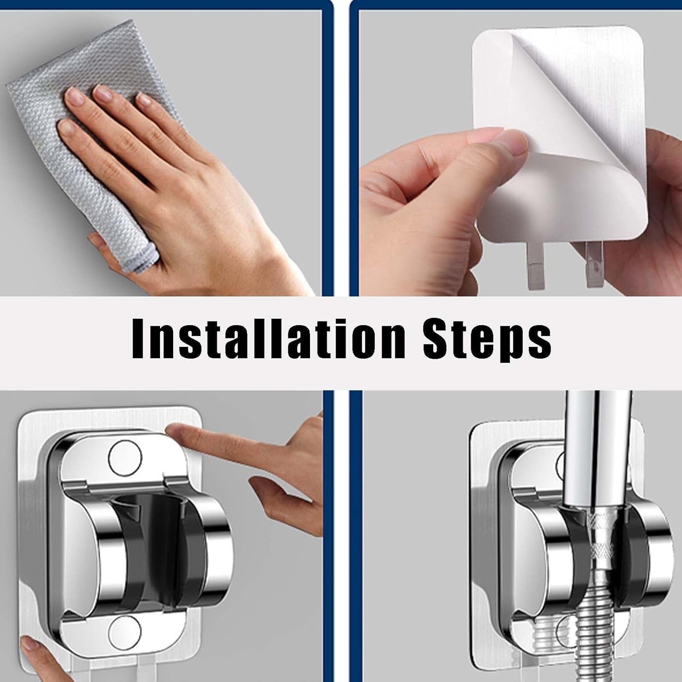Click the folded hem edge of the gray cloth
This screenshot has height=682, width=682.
tap(142, 257)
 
